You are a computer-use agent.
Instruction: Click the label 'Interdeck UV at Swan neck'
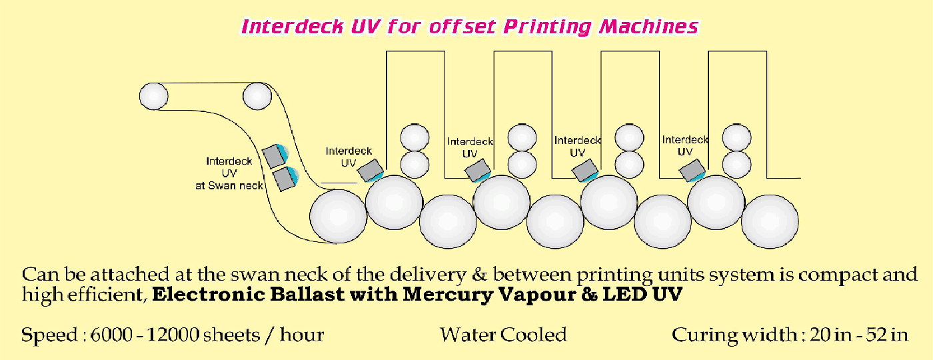point(234,173)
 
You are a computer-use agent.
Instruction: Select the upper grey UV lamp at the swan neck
point(275,155)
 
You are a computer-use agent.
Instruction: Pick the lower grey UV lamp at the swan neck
point(285,179)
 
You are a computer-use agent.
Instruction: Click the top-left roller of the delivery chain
point(153,95)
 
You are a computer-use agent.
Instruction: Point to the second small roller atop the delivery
point(257,95)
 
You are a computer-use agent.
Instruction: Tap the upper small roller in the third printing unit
point(629,138)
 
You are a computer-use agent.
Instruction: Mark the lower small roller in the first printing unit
point(415,163)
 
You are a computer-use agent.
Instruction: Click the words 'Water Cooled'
point(502,334)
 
